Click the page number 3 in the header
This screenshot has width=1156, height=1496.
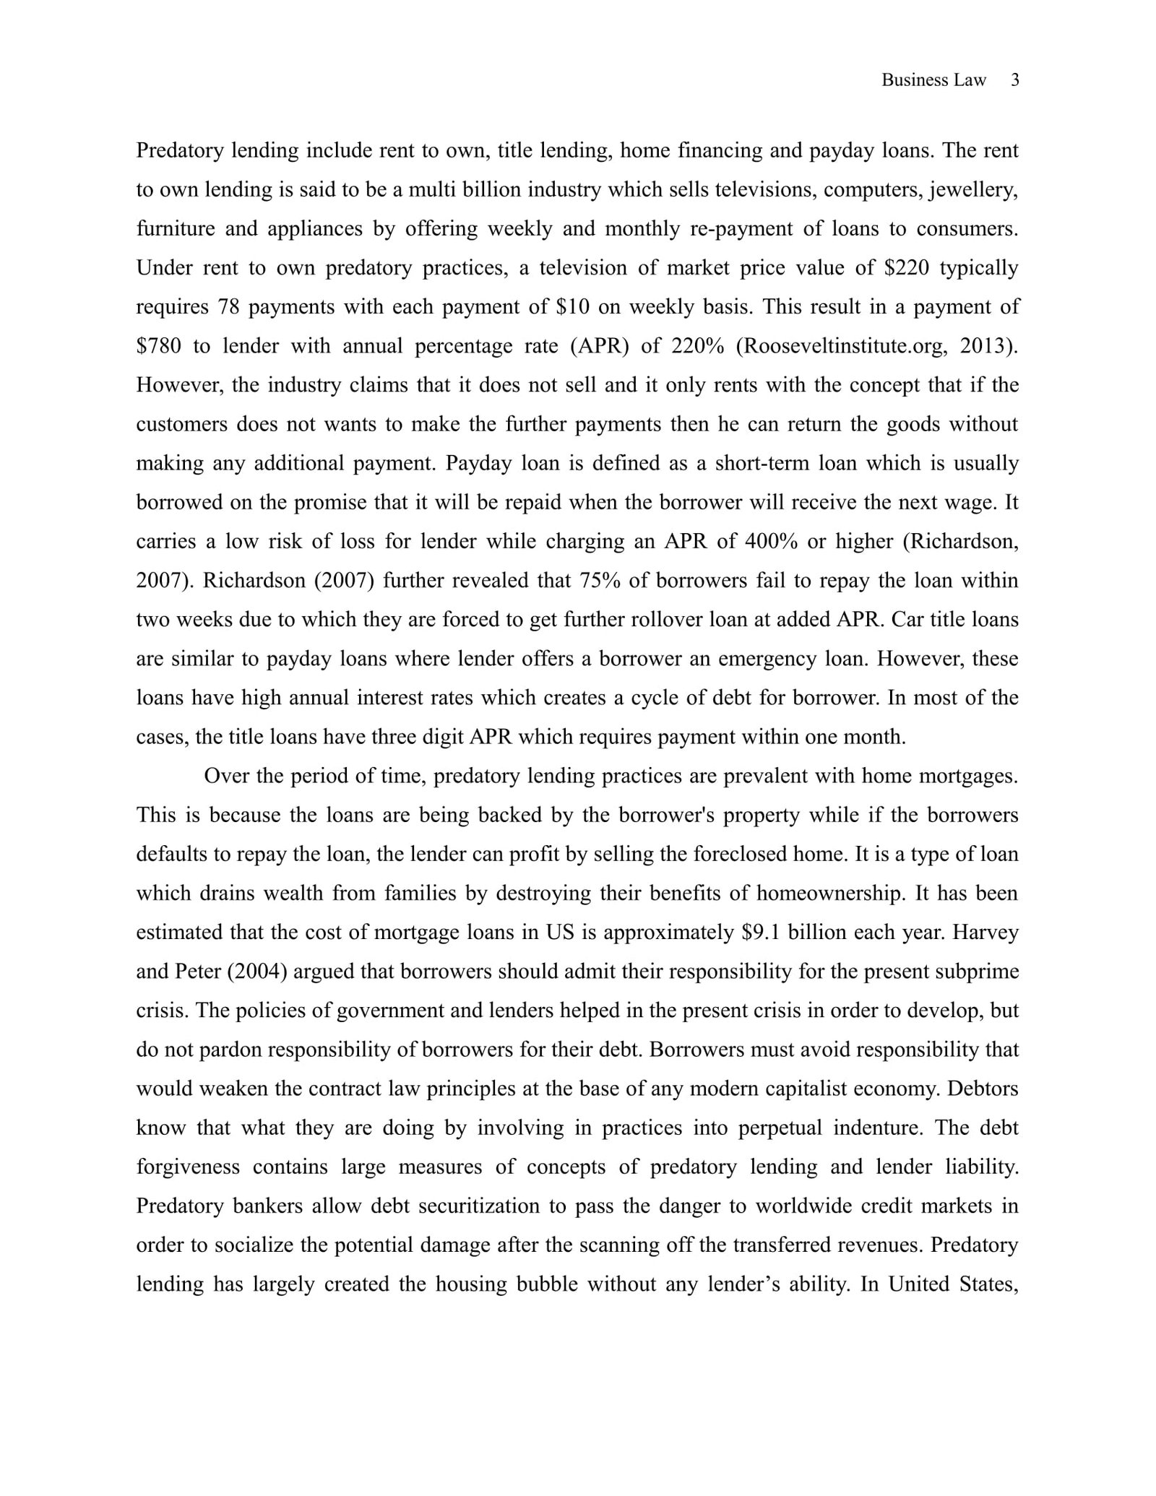(x=1014, y=80)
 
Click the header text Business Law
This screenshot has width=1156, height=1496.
(x=933, y=80)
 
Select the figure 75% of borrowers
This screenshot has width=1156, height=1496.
(x=596, y=580)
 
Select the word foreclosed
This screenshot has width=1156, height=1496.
(x=740, y=854)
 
